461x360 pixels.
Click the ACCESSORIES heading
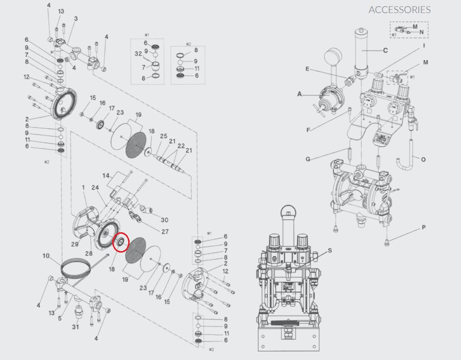click(399, 10)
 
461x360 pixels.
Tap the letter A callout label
click(300, 94)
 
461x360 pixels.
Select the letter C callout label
click(386, 50)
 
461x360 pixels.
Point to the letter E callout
click(307, 69)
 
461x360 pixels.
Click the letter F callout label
click(308, 129)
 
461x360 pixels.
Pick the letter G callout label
click(308, 159)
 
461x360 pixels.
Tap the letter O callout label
click(423, 159)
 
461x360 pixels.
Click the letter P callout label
click(424, 227)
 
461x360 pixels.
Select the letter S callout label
click(330, 250)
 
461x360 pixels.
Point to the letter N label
click(421, 32)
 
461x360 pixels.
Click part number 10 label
click(46, 255)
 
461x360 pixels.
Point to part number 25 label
click(164, 136)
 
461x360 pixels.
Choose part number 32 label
click(138, 54)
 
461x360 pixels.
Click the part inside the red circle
click(120, 242)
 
